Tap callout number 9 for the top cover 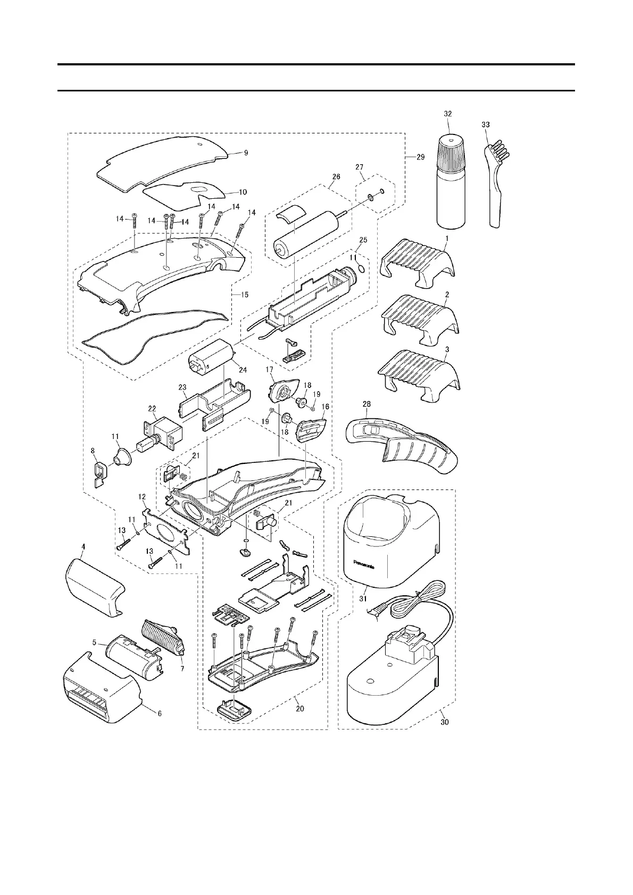click(x=246, y=153)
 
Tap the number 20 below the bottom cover click(x=300, y=708)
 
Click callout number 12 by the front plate click(x=142, y=496)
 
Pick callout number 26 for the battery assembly click(x=336, y=177)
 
